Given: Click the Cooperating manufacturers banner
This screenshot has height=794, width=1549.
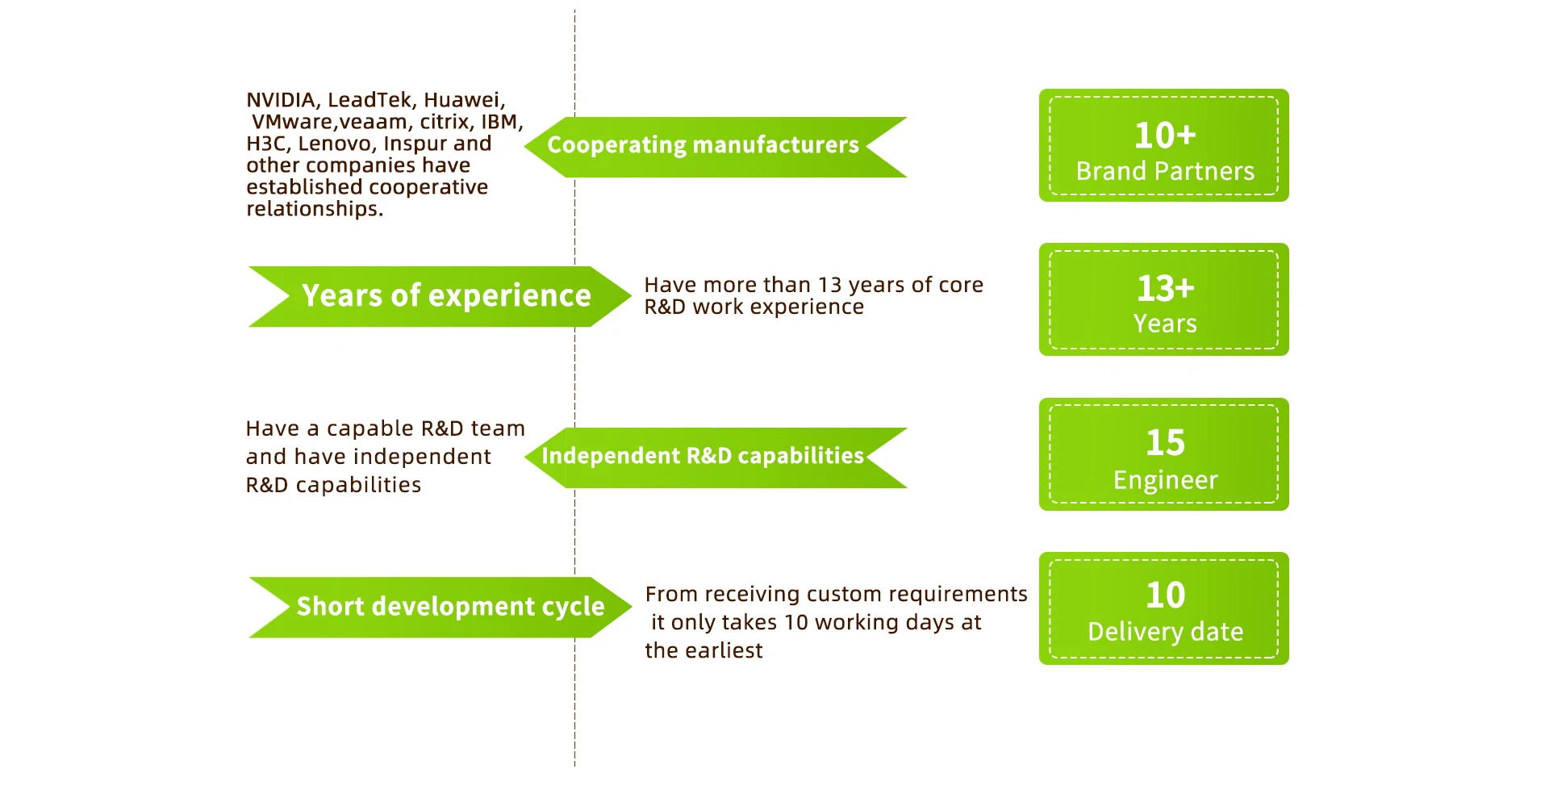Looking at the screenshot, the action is point(716,147).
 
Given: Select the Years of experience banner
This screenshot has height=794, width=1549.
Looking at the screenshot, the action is point(440,296).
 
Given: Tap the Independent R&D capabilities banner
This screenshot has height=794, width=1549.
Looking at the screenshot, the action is point(716,458).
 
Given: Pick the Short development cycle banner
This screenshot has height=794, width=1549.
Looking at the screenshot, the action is point(440,607).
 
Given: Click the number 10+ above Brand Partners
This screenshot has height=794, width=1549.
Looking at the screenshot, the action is point(1165,135).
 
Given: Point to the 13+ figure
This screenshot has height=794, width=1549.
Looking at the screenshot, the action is point(1165,288).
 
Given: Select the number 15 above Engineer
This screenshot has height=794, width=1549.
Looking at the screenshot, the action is point(1165,442).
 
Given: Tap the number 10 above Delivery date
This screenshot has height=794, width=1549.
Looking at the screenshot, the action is point(1165,595).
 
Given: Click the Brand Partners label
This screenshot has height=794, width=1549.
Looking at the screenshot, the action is point(1165,171).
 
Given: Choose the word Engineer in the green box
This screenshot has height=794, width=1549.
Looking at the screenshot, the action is point(1165,480).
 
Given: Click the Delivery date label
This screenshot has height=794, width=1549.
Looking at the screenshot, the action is point(1165,632).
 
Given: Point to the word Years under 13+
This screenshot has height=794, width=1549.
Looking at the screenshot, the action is point(1165,324).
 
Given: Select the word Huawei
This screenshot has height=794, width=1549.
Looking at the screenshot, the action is point(464,100).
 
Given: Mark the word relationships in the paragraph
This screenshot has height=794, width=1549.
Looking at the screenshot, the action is point(314,209).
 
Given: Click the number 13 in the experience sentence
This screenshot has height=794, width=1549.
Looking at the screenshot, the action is point(829,285).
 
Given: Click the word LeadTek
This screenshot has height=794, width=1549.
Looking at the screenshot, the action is point(370,100).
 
